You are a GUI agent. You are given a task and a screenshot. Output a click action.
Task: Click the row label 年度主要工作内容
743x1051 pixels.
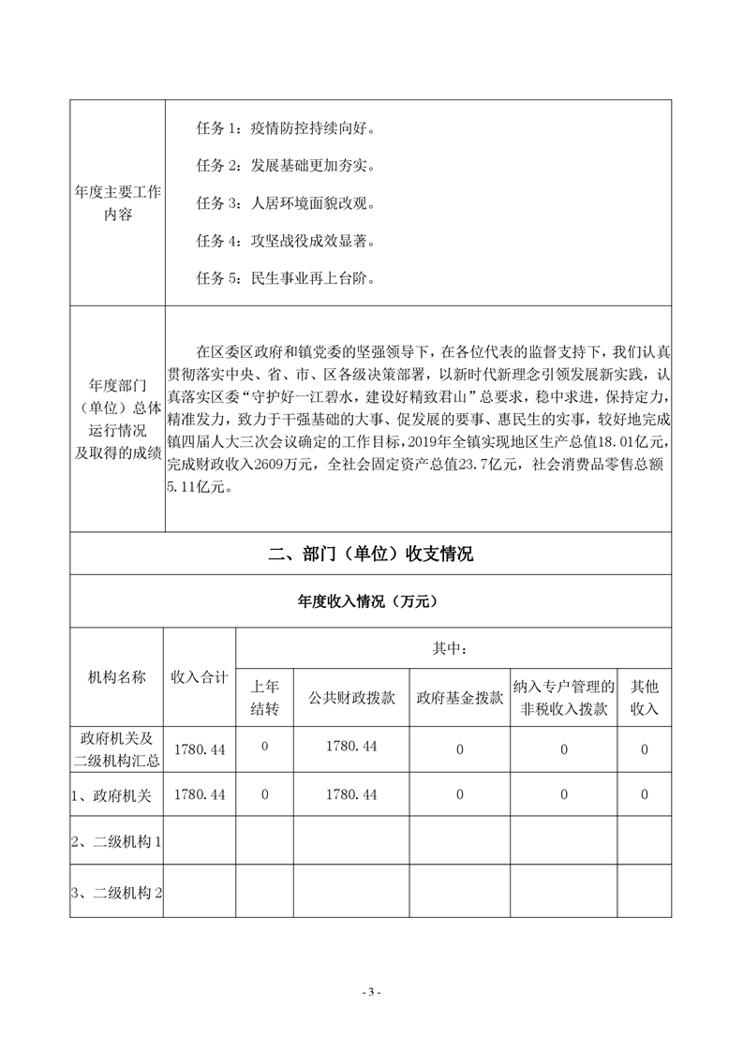[x=117, y=203]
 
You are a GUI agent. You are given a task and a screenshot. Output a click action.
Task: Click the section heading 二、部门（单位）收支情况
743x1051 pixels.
[x=370, y=555]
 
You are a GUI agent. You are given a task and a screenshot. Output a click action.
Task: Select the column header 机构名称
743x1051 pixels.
[x=117, y=677]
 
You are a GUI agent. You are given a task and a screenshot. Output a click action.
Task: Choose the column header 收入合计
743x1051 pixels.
[x=200, y=677]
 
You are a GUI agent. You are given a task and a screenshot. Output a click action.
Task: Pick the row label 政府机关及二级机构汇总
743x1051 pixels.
[x=117, y=748]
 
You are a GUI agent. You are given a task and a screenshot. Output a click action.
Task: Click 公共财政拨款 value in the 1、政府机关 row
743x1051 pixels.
[x=351, y=794]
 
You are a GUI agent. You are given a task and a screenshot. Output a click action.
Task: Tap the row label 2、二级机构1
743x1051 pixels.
[x=117, y=842]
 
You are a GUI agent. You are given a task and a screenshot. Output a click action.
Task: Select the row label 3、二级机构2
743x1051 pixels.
[x=117, y=891]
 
